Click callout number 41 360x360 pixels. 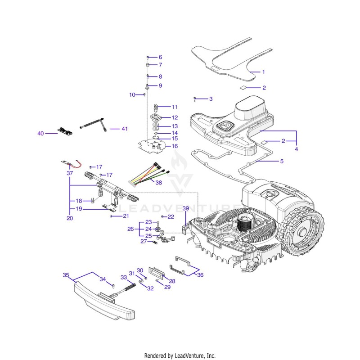click(125, 129)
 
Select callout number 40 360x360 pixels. click(40, 133)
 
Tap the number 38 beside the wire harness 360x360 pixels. click(159, 183)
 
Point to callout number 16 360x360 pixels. click(175, 146)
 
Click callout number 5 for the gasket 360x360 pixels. click(282, 161)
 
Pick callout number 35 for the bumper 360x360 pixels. click(66, 275)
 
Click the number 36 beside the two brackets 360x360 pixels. click(200, 275)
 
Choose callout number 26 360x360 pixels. click(130, 229)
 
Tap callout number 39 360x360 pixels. click(185, 208)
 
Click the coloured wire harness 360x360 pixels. click(149, 174)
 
